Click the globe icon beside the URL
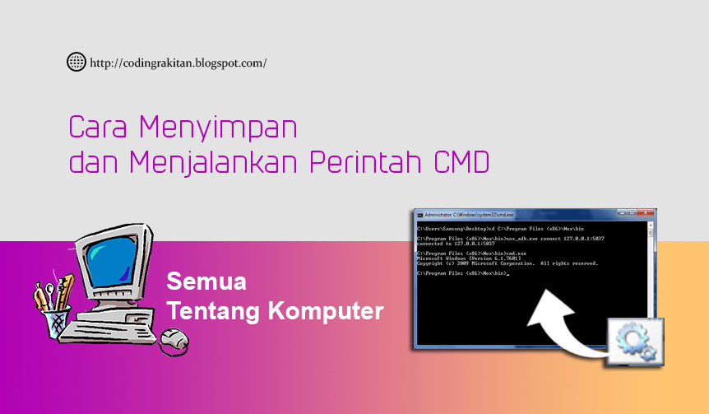coord(76,62)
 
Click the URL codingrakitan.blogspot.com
coord(177,63)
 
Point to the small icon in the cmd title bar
coord(419,214)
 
